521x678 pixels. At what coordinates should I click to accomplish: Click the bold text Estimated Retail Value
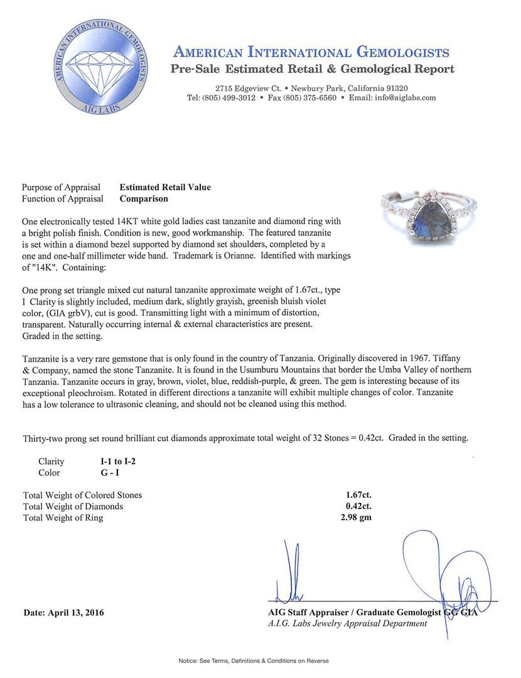coord(165,187)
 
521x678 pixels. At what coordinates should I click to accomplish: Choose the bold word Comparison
coord(144,198)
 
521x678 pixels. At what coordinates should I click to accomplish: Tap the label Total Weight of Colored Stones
coord(82,495)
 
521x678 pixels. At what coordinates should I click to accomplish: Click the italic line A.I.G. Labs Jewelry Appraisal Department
coord(347,623)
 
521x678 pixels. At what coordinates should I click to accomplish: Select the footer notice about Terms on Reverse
coord(254,660)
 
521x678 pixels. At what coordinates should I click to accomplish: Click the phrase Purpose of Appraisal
coord(61,187)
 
